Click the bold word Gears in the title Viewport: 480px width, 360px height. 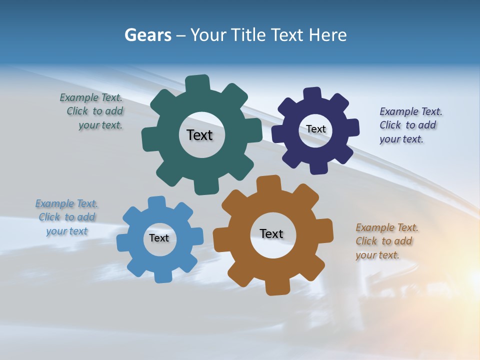[x=148, y=35]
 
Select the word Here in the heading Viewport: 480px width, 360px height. [x=327, y=35]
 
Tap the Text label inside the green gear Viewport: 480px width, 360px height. [x=199, y=135]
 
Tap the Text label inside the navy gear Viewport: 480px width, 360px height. [x=315, y=129]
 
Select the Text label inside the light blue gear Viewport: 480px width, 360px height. [x=159, y=238]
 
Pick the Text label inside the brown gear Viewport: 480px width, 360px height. [x=271, y=233]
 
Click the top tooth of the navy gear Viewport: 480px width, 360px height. [x=312, y=93]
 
